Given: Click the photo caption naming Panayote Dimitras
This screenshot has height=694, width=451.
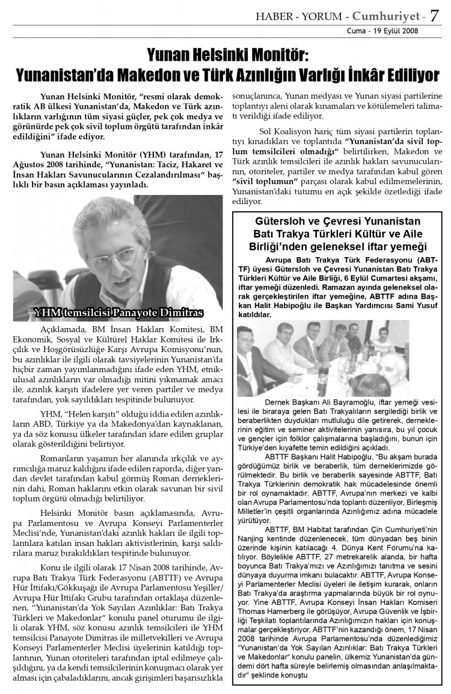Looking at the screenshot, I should click(118, 312).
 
